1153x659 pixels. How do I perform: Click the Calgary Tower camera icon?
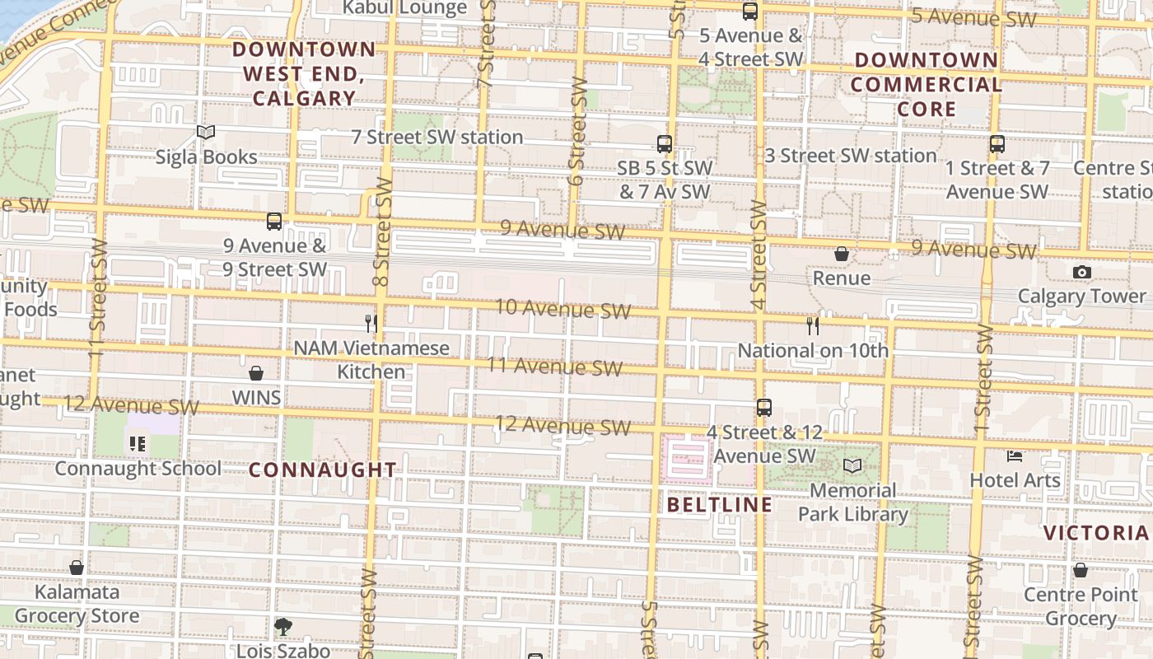[x=1081, y=272]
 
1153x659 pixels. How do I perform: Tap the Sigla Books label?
[x=206, y=157]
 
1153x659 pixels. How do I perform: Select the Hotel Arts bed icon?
[x=1015, y=456]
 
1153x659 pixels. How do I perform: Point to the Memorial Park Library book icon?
[x=852, y=466]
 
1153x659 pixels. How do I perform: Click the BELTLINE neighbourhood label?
[x=720, y=504]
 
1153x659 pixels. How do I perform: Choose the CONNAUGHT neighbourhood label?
[x=323, y=470]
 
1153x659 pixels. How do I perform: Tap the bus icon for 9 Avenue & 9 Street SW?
[x=274, y=222]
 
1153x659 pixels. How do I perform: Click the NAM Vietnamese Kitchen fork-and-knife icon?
[x=371, y=323]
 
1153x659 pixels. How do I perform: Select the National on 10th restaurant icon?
[x=813, y=326]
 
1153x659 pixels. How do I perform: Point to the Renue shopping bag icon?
[x=842, y=254]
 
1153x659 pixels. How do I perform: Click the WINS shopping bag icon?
[x=256, y=373]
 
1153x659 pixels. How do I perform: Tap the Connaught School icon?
[x=138, y=445]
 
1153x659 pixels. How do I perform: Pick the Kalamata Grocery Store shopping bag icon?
[x=77, y=568]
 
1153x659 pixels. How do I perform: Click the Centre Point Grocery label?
[x=1081, y=606]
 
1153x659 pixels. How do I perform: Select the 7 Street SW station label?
[x=437, y=137]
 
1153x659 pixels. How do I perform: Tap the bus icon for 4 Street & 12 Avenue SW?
[x=764, y=407]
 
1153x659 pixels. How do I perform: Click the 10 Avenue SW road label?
[x=562, y=309]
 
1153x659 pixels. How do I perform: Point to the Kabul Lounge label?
[x=404, y=8]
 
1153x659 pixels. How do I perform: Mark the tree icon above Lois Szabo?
[x=283, y=627]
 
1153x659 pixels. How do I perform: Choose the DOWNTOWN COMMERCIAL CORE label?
[x=926, y=84]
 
